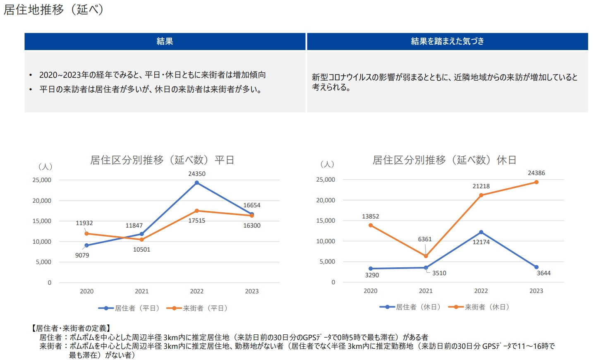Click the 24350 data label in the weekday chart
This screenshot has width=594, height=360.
tap(196, 174)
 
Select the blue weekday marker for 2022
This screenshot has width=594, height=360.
tap(197, 182)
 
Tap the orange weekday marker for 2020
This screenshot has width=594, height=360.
tap(86, 234)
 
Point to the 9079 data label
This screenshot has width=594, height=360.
tap(82, 255)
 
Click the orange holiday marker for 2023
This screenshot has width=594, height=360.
tap(537, 182)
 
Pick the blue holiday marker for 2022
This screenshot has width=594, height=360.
tap(481, 232)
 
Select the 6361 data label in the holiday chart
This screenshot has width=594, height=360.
tap(424, 239)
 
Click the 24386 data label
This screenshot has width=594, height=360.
tap(536, 173)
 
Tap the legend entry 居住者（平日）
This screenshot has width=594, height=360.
tap(129, 308)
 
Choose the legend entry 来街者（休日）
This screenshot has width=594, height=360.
tap(479, 307)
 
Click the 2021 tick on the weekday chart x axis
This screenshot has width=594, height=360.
tap(141, 291)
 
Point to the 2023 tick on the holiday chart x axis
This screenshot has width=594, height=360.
tap(536, 291)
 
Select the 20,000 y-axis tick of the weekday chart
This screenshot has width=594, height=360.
tap(42, 201)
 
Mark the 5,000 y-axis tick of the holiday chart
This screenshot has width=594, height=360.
tap(327, 262)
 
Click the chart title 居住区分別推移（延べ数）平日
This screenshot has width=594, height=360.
tap(162, 160)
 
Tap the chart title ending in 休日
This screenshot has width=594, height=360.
tap(444, 160)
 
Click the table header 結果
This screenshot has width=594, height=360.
tap(165, 41)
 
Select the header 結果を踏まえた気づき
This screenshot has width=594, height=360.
tap(447, 41)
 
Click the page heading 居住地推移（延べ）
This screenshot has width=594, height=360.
tap(53, 10)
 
